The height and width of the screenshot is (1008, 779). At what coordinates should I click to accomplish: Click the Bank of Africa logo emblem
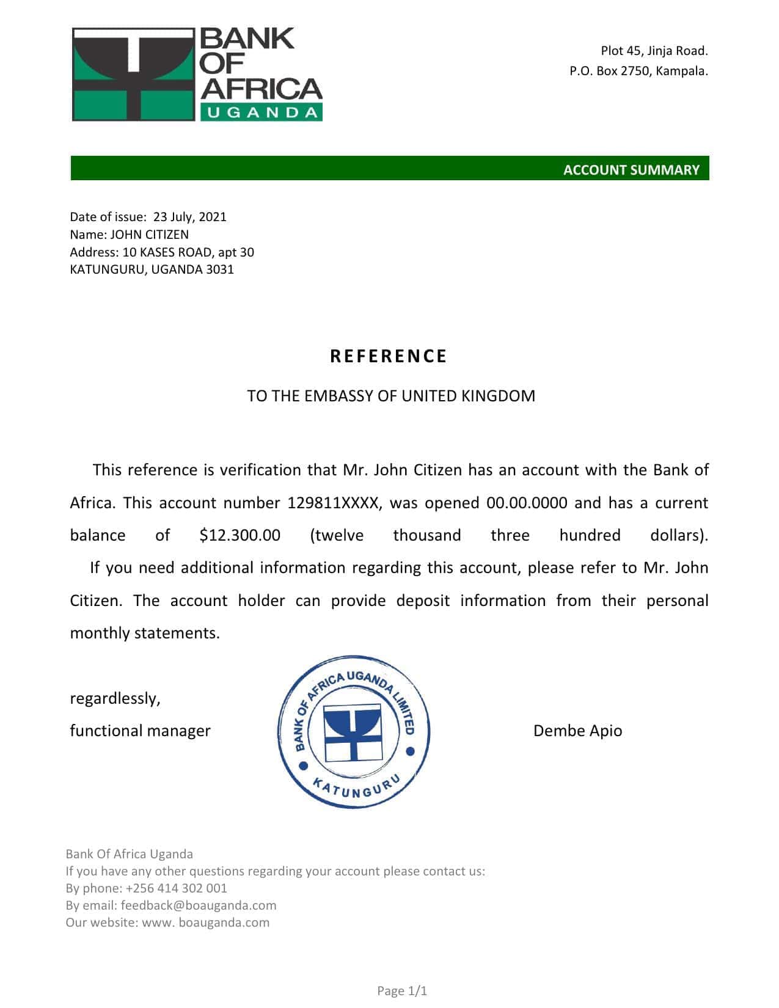[133, 74]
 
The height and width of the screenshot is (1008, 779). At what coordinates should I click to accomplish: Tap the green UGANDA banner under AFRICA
[261, 112]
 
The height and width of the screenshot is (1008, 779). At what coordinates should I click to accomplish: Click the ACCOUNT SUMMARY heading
[631, 170]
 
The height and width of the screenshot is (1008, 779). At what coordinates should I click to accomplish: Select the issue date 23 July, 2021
[189, 217]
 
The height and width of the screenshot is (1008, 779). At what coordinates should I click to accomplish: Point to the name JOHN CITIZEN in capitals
[149, 235]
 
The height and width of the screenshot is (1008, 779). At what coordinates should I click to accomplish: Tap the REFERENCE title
[389, 356]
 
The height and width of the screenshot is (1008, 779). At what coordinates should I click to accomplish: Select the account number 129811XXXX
[335, 503]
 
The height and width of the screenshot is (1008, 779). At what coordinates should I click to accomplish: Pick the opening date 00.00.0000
[527, 503]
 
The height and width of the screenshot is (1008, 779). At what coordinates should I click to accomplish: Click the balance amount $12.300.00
[240, 535]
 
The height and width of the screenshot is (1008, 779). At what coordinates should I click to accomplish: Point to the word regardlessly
[115, 698]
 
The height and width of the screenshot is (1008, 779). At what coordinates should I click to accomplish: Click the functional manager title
[140, 731]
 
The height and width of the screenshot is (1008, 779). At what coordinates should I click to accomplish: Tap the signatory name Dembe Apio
[577, 731]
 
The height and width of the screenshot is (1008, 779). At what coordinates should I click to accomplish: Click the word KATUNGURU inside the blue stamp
[356, 788]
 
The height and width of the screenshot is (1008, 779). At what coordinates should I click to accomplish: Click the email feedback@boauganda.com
[199, 905]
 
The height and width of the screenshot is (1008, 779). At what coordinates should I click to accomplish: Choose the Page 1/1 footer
[402, 991]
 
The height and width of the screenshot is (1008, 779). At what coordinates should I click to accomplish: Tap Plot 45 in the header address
[621, 51]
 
